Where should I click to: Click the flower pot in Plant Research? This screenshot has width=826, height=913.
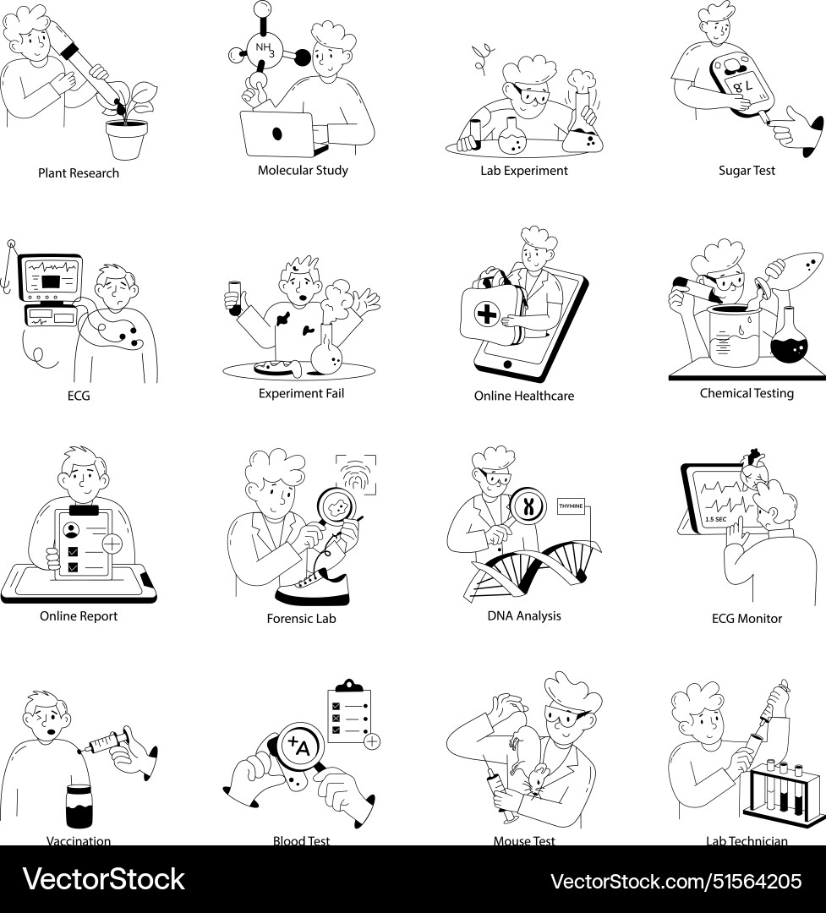point(127,139)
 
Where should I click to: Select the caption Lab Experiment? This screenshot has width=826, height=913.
point(524,171)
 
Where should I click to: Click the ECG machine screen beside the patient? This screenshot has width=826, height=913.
point(52,276)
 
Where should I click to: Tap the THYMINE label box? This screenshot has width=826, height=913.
point(572,506)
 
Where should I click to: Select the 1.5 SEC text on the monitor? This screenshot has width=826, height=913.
point(716,519)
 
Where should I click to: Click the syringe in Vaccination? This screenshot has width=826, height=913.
point(105,744)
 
